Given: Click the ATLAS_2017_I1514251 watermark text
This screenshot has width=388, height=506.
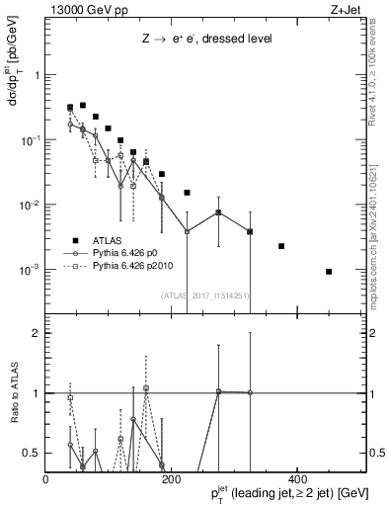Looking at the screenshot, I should pos(204,295).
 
